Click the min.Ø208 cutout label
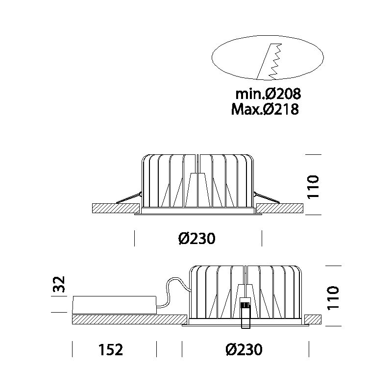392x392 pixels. pos(268,94)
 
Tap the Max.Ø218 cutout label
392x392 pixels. pos(265,109)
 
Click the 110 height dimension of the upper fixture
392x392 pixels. pos(313,187)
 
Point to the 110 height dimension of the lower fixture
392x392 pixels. pos(333,298)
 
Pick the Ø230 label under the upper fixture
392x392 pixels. pos(197,238)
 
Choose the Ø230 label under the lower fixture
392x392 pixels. pos(244,349)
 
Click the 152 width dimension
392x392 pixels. pos(111,349)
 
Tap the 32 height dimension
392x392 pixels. pos(59,284)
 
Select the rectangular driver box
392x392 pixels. pos(114,305)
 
